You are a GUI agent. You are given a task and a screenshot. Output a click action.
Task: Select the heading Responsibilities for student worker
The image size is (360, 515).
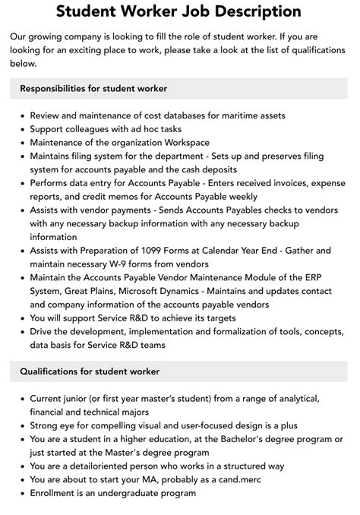(x=94, y=89)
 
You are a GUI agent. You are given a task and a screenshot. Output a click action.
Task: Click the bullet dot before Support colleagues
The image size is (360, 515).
(x=21, y=129)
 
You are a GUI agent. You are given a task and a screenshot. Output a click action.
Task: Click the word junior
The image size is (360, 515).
(x=84, y=397)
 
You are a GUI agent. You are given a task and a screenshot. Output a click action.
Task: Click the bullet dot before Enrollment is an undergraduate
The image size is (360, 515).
(x=21, y=493)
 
